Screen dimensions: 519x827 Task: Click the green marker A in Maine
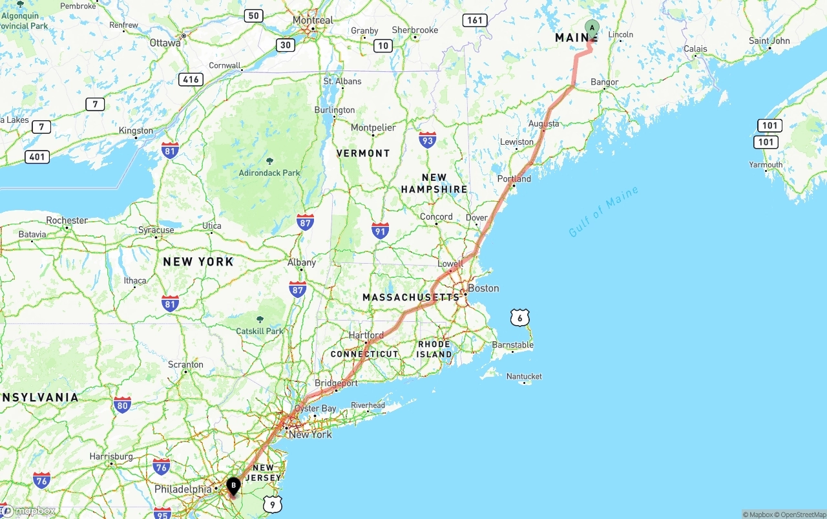(x=592, y=28)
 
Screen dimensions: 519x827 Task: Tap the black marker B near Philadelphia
(x=233, y=485)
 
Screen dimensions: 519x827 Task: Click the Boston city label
(x=483, y=288)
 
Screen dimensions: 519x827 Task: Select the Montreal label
(x=313, y=20)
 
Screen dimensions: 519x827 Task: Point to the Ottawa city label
(x=165, y=43)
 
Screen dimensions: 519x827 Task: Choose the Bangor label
(x=605, y=82)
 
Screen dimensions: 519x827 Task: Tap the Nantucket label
(x=524, y=376)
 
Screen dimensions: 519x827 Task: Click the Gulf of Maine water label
(x=603, y=211)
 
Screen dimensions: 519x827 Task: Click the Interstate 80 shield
(x=122, y=405)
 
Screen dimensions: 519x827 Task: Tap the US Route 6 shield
(x=520, y=317)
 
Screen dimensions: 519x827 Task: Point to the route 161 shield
(x=475, y=20)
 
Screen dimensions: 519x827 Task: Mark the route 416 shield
(x=191, y=79)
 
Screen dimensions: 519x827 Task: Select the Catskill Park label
(x=260, y=331)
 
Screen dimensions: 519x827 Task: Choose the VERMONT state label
(x=363, y=153)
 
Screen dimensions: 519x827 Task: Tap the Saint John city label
(x=769, y=41)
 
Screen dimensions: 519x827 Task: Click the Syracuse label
(x=156, y=229)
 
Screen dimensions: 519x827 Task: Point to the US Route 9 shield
(x=273, y=504)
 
